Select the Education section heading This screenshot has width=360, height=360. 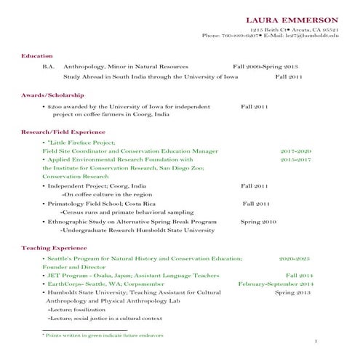pyautogui.click(x=37, y=55)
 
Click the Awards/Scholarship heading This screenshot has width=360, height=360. pyautogui.click(x=52, y=95)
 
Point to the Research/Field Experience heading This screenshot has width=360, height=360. pyautogui.click(x=63, y=132)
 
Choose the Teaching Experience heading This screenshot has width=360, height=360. pyautogui.click(x=54, y=248)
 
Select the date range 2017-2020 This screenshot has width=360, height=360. pyautogui.click(x=295, y=151)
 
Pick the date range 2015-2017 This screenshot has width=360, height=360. pyautogui.click(x=295, y=159)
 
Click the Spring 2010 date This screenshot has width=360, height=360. pyautogui.click(x=258, y=221)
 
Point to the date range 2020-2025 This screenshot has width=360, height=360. pyautogui.click(x=295, y=258)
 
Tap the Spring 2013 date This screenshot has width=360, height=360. pyautogui.click(x=293, y=292)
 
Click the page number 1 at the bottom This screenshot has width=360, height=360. pyautogui.click(x=316, y=341)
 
